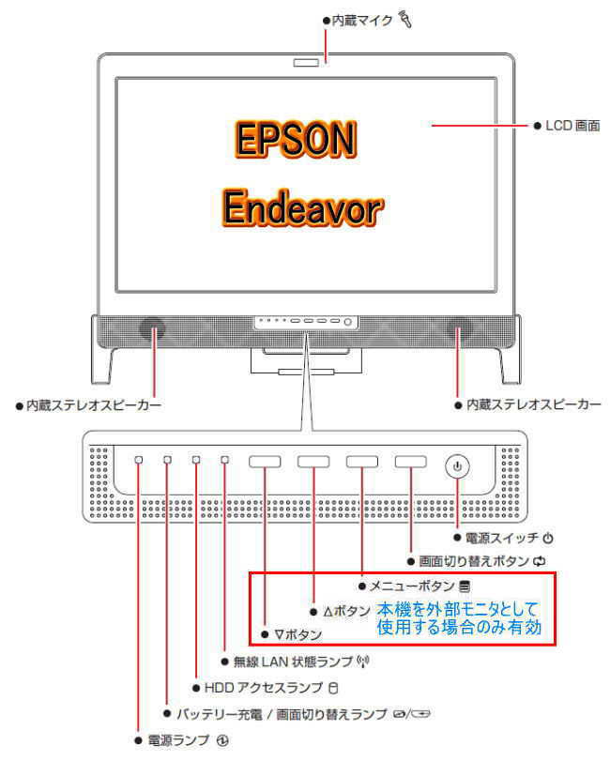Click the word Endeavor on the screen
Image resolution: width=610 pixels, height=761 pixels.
click(303, 205)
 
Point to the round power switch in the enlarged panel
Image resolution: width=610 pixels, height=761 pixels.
click(457, 464)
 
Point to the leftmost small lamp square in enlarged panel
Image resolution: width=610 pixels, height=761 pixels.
click(138, 461)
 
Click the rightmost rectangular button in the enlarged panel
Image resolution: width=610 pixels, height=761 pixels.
click(410, 462)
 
